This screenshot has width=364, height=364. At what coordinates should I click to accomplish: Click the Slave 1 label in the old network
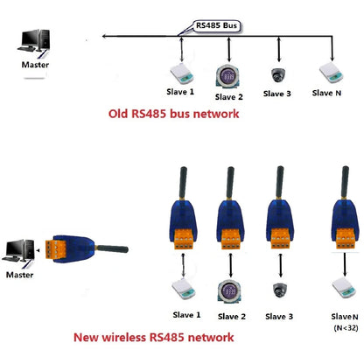pos(180,92)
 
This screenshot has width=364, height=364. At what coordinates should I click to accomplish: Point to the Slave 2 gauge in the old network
pos(227,74)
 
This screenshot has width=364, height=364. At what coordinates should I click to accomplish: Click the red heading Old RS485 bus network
pos(172,114)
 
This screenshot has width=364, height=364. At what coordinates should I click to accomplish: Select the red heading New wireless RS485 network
pos(166,337)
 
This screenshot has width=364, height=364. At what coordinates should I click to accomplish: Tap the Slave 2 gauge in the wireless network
pos(227,290)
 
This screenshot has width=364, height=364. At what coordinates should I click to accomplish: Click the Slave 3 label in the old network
pos(276,94)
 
